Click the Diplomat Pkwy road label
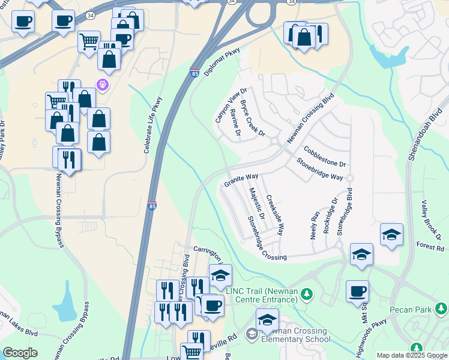(x=222, y=62)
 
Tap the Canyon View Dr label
(x=231, y=106)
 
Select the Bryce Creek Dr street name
(x=252, y=118)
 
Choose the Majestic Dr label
(x=257, y=203)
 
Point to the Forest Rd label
(x=430, y=247)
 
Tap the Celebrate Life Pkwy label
(x=153, y=125)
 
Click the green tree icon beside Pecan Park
(x=441, y=308)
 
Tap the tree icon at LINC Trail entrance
(x=307, y=293)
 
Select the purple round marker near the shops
(x=103, y=85)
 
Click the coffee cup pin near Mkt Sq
(x=357, y=292)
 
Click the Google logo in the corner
(x=20, y=353)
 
